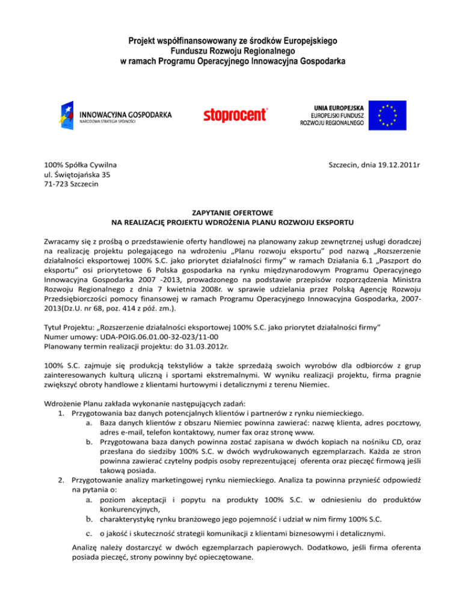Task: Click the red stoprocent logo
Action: click(235, 114)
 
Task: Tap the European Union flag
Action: click(387, 114)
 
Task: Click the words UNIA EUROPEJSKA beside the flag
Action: click(333, 105)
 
